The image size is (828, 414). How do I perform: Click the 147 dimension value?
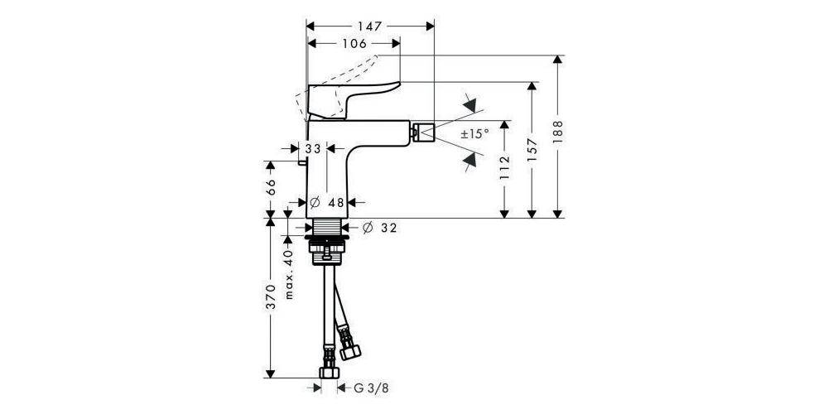[x=371, y=26]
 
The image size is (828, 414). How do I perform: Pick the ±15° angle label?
[x=475, y=132]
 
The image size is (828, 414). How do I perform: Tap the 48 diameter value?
[x=335, y=202]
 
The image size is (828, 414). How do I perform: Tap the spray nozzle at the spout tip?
[x=426, y=131]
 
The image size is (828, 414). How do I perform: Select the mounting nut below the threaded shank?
[x=330, y=247]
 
